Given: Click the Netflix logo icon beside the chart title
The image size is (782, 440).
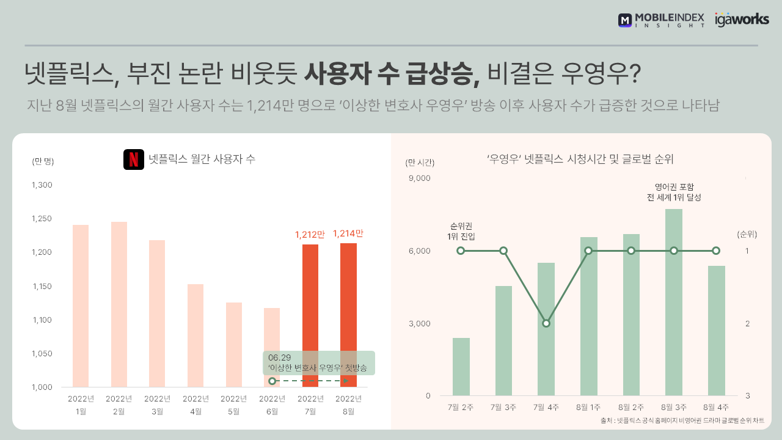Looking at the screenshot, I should pos(133,159).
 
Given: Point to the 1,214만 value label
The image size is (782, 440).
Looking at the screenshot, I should pos(348,233).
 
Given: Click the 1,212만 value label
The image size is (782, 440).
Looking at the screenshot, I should pos(310,234).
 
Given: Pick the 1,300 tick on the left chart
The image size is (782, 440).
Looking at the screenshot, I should pos(42,185).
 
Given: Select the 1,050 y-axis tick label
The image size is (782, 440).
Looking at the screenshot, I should pos(42,354).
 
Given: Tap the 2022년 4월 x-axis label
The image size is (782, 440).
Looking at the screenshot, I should pos(195,405).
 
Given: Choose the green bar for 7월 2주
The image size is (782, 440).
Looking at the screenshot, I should pos(461,366).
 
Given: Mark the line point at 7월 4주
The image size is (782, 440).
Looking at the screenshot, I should pos(546,323).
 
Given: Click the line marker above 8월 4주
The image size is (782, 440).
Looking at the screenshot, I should pos(716,251).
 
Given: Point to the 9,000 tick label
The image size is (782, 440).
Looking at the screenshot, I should pos(419,178).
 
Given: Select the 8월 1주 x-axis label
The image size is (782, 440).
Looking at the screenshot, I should pos(588,407).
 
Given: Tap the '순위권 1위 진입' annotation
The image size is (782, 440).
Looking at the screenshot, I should pos(461,230).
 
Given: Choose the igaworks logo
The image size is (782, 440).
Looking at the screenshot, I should pos(742,20).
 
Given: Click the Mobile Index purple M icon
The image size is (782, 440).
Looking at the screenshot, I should pos(625,20).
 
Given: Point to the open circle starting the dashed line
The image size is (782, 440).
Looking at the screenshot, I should pos(272,381).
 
